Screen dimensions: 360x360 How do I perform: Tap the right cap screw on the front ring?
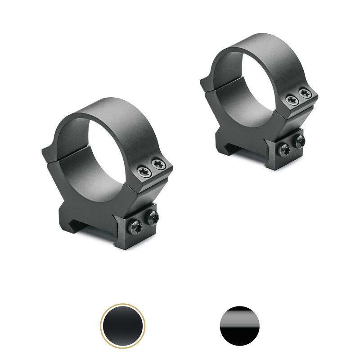[x=158, y=164]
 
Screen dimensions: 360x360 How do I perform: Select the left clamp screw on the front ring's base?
[x=136, y=226]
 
